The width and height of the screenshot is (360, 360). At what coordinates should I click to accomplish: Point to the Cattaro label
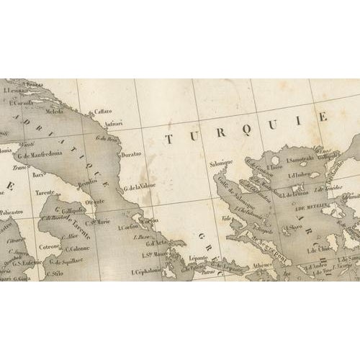100,112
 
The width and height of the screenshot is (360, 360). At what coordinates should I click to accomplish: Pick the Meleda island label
63,112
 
